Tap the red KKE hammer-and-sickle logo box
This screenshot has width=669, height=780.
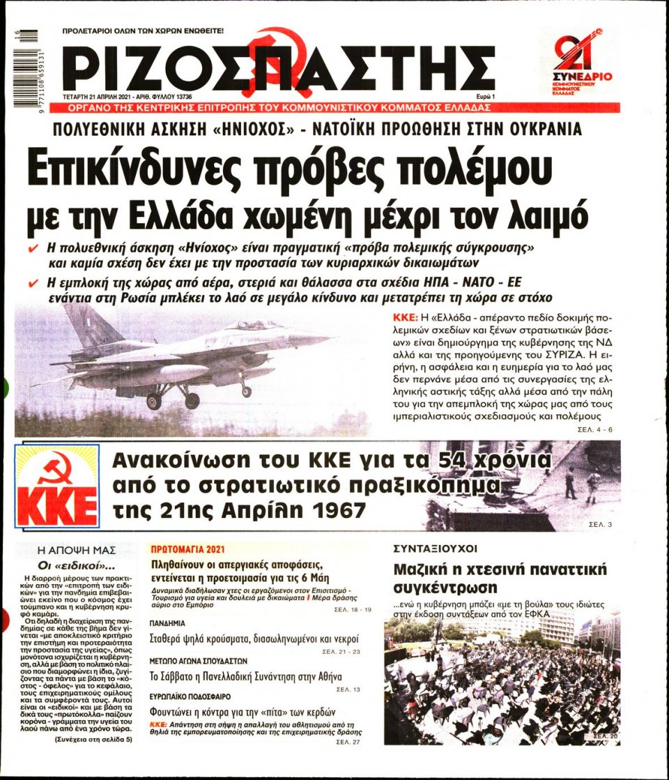(58, 487)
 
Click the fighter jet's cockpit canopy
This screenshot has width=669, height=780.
(254, 325)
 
